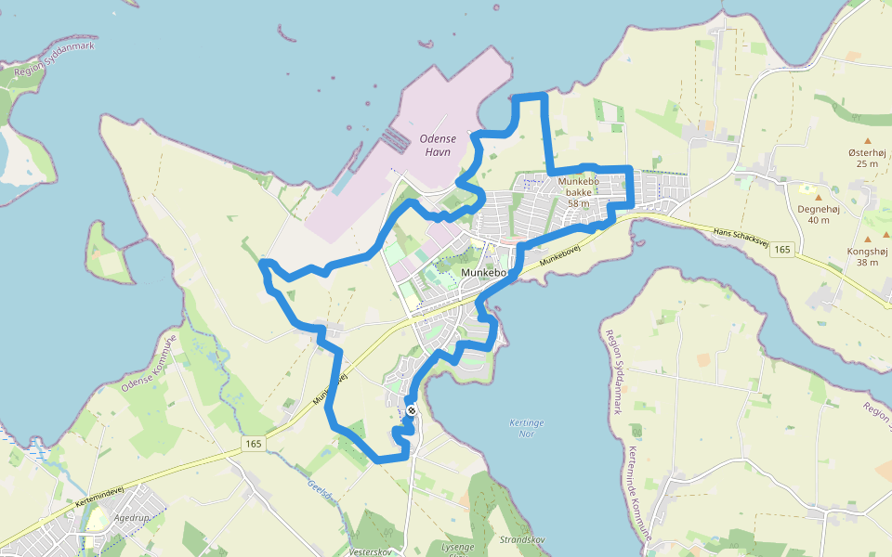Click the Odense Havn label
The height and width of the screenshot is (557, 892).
pos(436,145)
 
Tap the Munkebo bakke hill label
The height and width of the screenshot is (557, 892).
pos(581,192)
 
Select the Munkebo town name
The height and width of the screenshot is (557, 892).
pos(483,273)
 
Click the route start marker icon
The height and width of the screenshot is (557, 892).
pos(411,410)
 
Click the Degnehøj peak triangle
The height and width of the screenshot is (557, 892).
pos(819,197)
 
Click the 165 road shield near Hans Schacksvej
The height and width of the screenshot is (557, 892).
pos(782,250)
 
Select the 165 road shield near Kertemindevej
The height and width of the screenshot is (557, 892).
pos(254,445)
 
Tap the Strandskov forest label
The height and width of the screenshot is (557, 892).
pos(522,539)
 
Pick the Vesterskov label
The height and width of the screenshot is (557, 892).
pos(369,551)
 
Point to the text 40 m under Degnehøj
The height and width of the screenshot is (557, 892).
pos(819,220)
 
